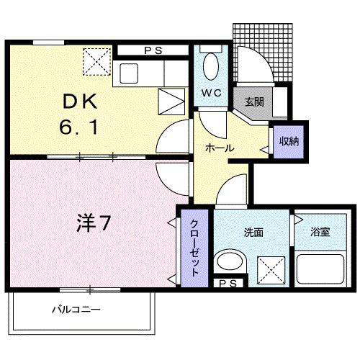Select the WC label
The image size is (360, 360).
(212, 94)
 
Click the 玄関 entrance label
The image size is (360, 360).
(253, 102)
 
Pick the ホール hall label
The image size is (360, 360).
(219, 147)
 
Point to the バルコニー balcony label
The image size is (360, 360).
(76, 310)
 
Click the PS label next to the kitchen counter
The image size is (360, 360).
(153, 51)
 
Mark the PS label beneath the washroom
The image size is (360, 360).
(228, 283)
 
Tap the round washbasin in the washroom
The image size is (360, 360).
(230, 262)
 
